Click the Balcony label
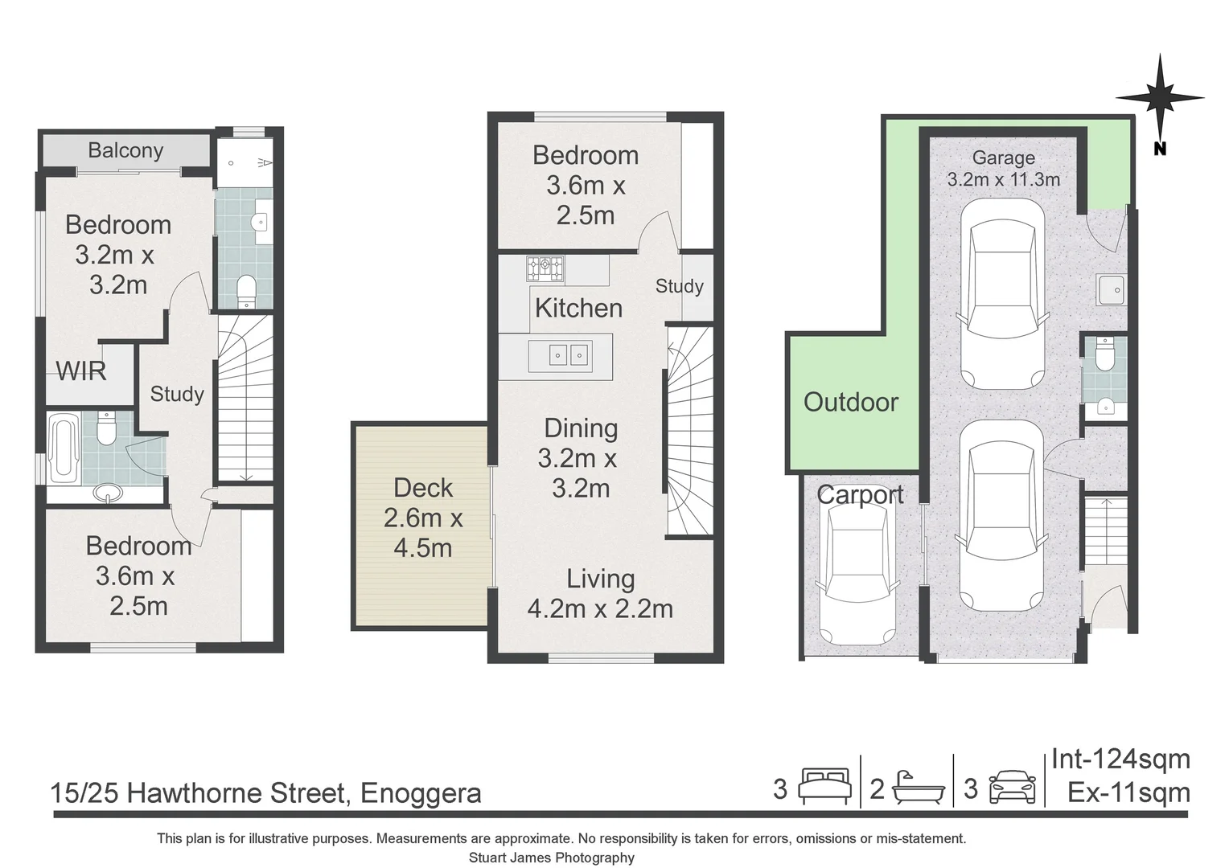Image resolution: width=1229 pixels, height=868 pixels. coord(125,150)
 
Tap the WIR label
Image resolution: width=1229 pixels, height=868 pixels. coord(81,371)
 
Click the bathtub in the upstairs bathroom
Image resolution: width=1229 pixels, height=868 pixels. coord(63,448)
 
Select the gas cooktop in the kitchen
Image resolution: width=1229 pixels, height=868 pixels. coord(545,268)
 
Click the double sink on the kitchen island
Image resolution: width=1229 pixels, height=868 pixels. coord(568,354)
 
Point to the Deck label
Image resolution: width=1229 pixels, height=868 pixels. coord(423,488)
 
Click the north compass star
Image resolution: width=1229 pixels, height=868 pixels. coord(1159,97)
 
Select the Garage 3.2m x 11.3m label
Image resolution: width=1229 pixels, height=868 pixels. coord(1003,169)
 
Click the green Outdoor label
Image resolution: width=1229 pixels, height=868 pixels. coord(851,402)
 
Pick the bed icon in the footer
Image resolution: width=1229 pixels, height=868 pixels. coord(824,787)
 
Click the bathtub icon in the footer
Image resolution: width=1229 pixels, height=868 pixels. coord(917,787)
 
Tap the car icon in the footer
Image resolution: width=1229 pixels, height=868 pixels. coord(1012,787)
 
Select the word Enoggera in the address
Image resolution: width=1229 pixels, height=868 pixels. coord(421,793)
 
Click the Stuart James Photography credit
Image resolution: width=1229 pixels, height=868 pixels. coord(551,858)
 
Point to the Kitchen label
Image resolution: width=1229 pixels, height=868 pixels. coord(578,308)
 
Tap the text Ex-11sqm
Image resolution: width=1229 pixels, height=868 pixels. coord(1128,792)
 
